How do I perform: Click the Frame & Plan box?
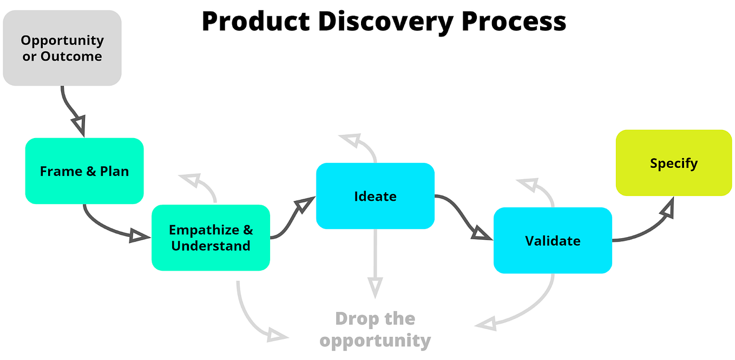point(84,171)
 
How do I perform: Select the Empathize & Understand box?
point(211,238)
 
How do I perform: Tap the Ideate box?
point(375,196)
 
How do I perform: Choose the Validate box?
point(553,240)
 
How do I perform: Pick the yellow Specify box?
point(673,163)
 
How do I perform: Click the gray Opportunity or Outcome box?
point(62,48)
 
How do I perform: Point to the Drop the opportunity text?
point(375,329)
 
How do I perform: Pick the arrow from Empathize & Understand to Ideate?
point(292,219)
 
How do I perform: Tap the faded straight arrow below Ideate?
point(375,260)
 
